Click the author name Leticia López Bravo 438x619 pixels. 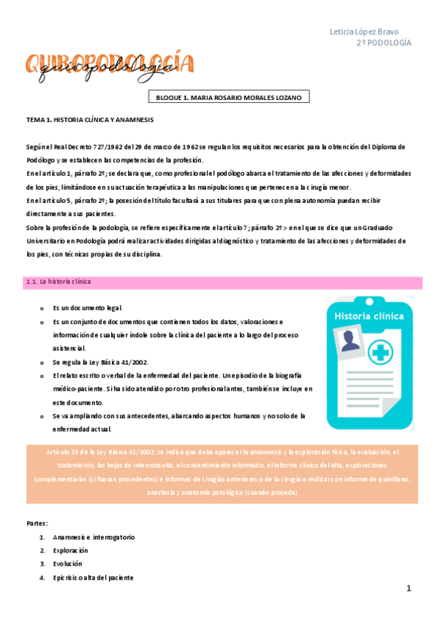pos(369,31)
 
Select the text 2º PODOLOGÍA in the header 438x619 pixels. pos(384,43)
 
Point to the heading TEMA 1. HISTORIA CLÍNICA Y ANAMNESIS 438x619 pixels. pos(90,119)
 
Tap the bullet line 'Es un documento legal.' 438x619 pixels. pos(88,308)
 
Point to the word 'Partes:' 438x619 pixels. pos(37,523)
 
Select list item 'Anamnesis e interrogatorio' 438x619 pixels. pos(94,537)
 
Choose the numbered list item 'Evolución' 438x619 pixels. pos(68,564)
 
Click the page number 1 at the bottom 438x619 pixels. pos(409,588)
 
